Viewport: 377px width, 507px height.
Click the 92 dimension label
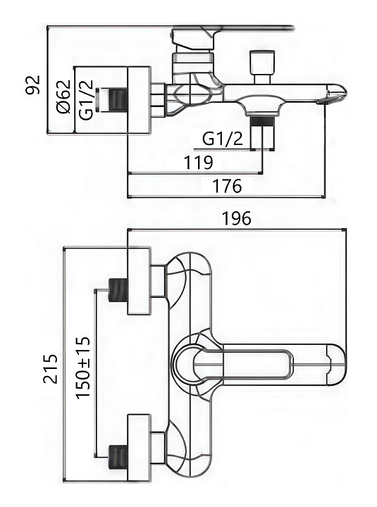(x=33, y=84)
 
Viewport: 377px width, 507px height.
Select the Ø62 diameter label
(x=63, y=96)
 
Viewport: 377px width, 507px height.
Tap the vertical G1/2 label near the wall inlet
(x=87, y=100)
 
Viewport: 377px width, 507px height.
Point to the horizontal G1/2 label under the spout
(x=223, y=139)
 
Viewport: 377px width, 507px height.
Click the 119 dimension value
(x=199, y=163)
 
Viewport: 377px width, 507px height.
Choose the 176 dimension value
(x=227, y=186)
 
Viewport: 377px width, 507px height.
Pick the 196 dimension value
(x=236, y=218)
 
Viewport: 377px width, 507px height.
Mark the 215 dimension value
(x=51, y=368)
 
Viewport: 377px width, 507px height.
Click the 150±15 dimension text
(x=83, y=368)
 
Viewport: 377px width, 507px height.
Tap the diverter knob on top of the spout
(x=262, y=66)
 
